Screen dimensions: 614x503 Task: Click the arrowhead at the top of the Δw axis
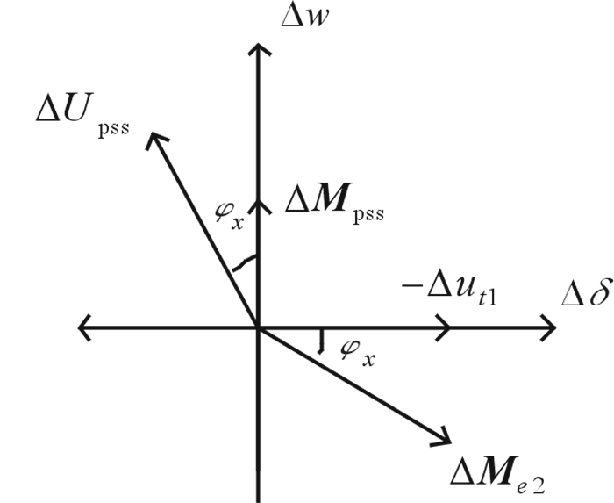(257, 47)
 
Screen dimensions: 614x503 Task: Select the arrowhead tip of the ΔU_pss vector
(153, 133)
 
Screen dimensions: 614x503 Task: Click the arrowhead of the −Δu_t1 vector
(446, 327)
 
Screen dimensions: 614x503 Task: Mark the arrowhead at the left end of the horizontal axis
(82, 327)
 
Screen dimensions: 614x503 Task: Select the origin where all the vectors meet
(257, 327)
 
